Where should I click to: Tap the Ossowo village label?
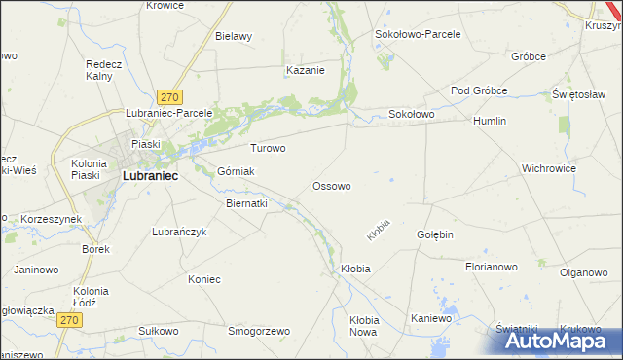point(331,185)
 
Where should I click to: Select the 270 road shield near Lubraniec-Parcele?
point(170,97)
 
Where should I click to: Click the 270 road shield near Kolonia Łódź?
point(67,319)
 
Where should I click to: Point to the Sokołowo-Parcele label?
point(418,33)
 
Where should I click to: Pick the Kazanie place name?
point(305,70)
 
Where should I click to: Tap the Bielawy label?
point(234,36)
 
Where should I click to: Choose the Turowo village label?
point(268,149)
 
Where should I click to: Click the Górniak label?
point(236,171)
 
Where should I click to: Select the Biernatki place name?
point(246,204)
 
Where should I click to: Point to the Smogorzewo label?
point(259,331)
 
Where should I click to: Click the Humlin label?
point(492,121)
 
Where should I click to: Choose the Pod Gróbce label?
point(479,90)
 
